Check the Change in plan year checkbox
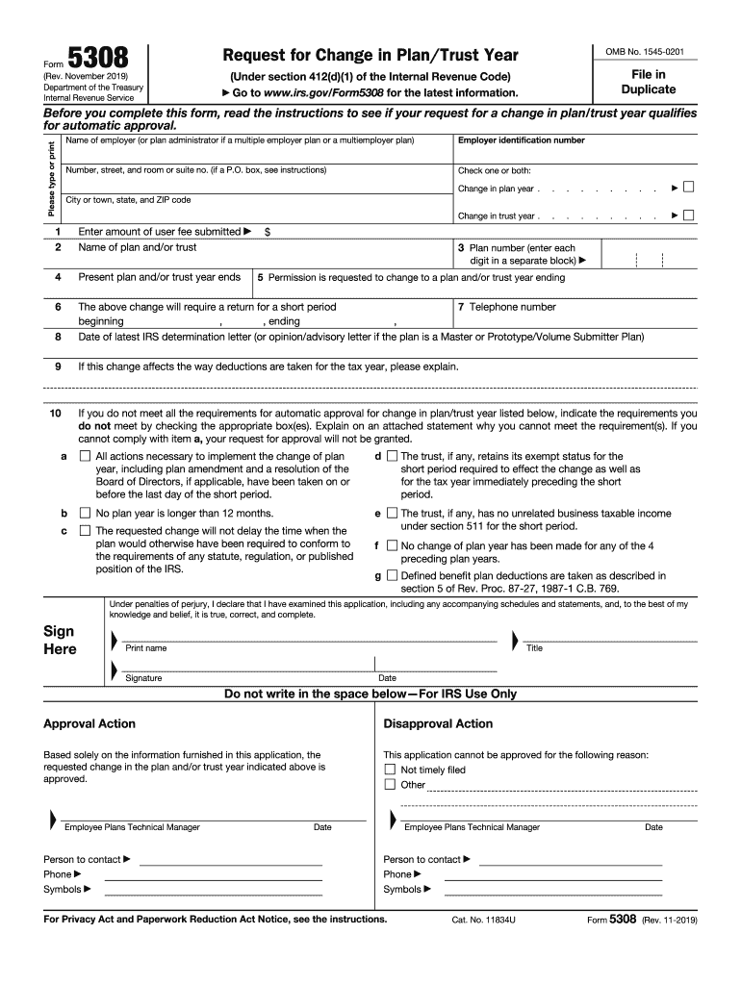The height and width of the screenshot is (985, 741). (689, 188)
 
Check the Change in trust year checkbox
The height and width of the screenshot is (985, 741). (689, 215)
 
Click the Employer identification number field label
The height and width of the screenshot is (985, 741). (521, 140)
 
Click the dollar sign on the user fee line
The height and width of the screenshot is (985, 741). (268, 232)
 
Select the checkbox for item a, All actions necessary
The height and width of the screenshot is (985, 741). (85, 457)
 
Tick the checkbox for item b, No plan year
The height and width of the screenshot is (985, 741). (85, 514)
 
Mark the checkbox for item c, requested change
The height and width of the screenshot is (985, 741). (85, 531)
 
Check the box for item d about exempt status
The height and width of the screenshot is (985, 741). (392, 457)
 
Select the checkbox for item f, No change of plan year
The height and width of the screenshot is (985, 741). (392, 545)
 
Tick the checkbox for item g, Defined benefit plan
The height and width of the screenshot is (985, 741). (392, 576)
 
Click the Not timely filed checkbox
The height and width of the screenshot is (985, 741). (390, 770)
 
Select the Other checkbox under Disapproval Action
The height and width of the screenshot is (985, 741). (390, 784)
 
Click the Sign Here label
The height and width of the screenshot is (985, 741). (60, 640)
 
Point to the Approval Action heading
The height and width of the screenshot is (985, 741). (89, 723)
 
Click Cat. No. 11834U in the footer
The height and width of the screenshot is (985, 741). (484, 920)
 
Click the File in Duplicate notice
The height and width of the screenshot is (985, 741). (648, 82)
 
